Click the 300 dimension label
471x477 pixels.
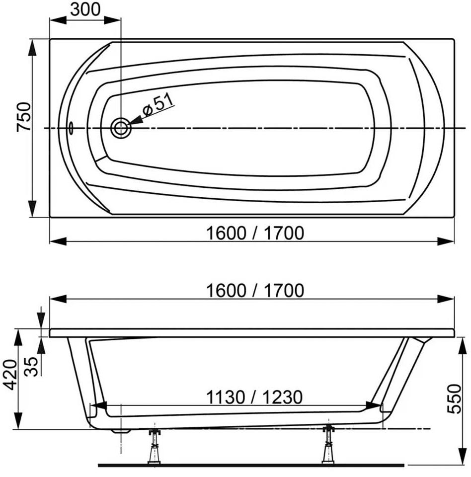pos(85,9)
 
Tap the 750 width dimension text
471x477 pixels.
pos(24,117)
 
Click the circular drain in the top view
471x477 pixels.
pos(121,128)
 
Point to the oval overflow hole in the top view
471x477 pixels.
pos(71,128)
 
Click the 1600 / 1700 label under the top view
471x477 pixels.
pos(255,234)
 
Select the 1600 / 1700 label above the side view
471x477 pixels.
pos(255,291)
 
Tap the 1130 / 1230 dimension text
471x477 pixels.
pos(254,397)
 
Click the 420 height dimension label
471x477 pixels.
pos(10,375)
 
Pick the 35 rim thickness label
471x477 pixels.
pos(31,366)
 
